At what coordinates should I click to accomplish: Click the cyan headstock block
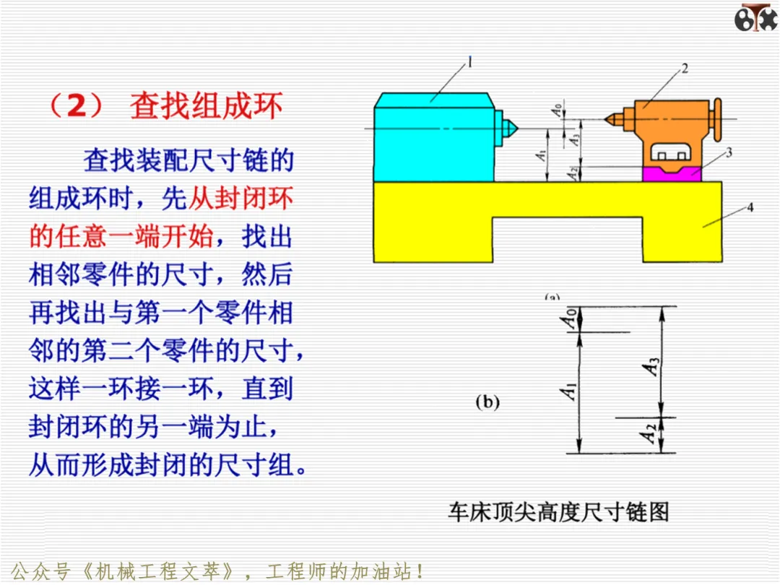tap(434, 138)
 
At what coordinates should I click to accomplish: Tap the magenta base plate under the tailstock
tap(672, 174)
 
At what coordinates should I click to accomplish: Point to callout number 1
tap(469, 62)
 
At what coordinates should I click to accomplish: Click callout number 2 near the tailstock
tap(685, 68)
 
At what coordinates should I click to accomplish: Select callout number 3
tap(729, 152)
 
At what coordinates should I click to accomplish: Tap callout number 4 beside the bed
tap(750, 207)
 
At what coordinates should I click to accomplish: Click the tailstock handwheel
tap(717, 119)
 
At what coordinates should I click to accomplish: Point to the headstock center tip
tap(517, 129)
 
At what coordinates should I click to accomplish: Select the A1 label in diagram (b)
tap(568, 391)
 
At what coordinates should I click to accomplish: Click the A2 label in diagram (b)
tap(648, 433)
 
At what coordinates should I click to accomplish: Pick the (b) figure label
tap(487, 402)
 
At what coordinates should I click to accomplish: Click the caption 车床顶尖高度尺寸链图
tap(558, 512)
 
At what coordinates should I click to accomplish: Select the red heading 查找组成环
tap(206, 105)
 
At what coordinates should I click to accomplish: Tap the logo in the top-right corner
tap(755, 17)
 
